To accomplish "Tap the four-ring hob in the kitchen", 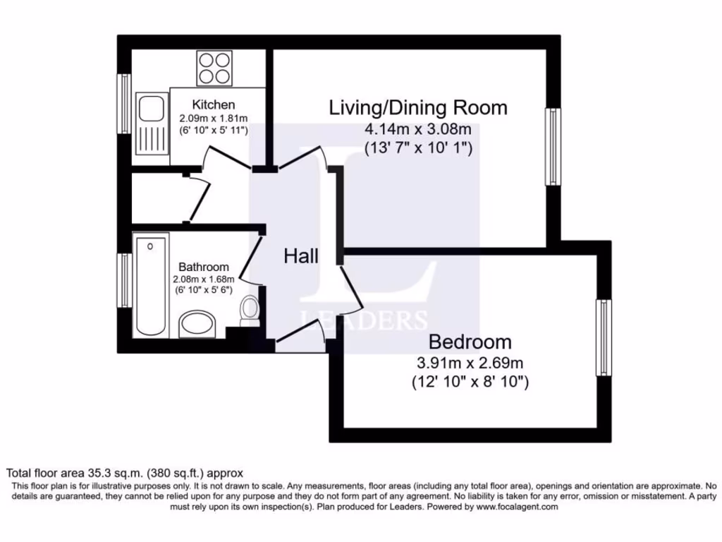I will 214,68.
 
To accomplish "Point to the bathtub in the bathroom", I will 151,286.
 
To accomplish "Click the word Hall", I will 301,256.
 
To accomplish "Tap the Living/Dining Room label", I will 418,108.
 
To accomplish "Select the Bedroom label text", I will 470,342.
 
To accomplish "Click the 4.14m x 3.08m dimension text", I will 417,129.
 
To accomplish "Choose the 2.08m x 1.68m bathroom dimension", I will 203,279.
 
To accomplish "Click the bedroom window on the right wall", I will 603,337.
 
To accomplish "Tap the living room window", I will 553,147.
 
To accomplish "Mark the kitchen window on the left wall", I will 124,104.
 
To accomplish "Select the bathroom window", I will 124,280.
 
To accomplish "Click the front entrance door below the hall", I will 299,345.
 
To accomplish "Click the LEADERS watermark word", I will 364,320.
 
